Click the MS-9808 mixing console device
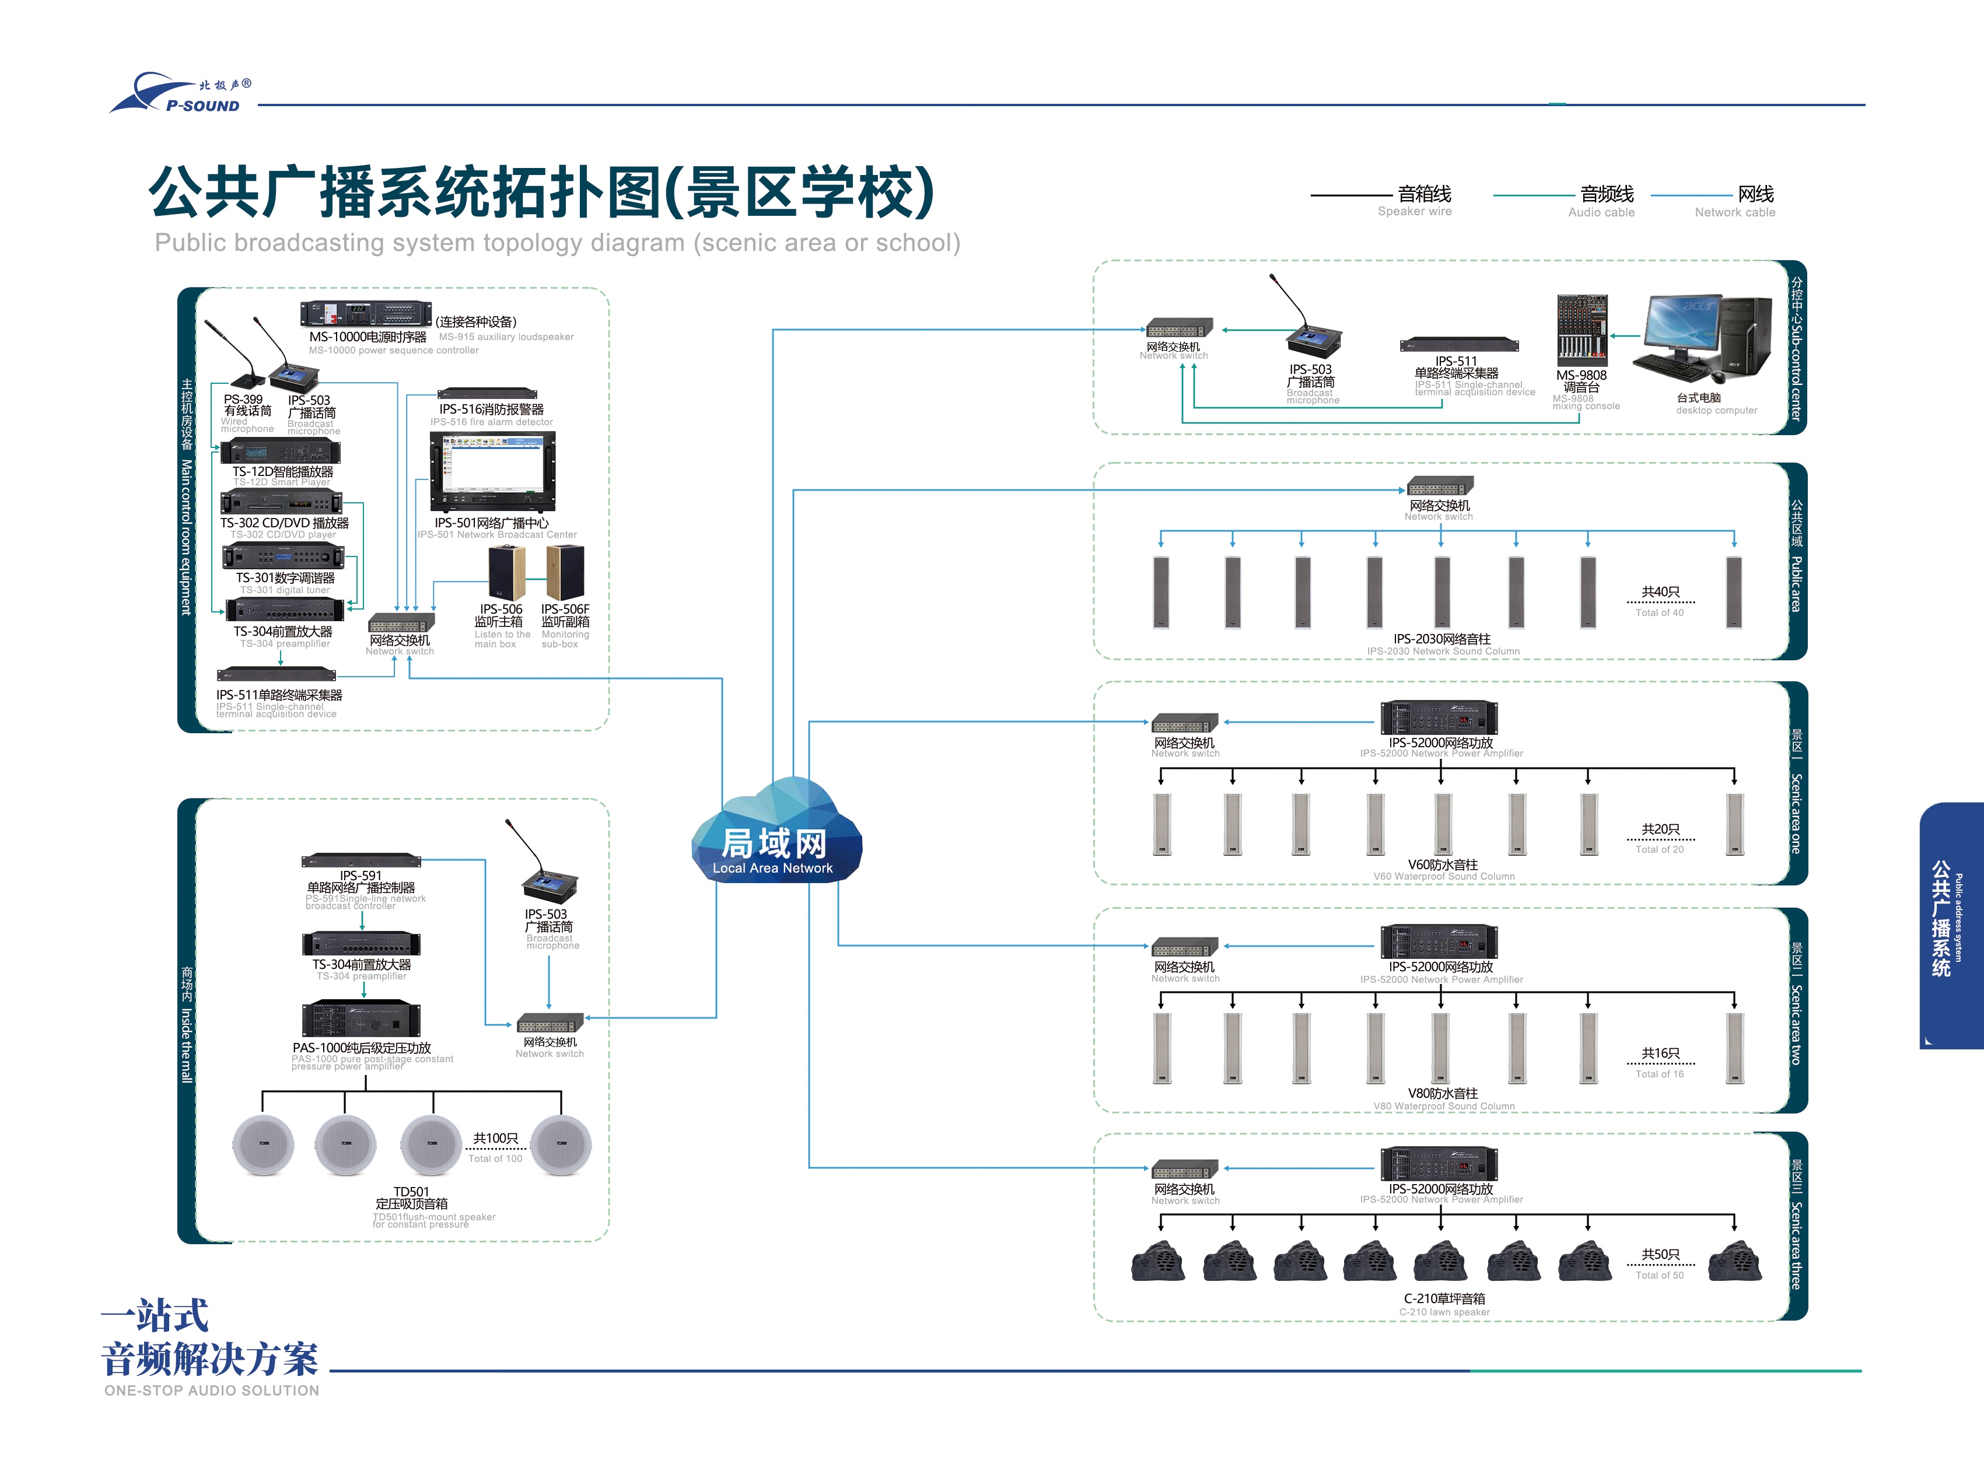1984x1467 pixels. (1581, 330)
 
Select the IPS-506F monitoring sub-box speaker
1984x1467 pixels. (565, 573)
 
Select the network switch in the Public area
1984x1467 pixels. (1440, 486)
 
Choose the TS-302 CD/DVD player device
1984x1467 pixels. (281, 502)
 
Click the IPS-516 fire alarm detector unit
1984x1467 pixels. (488, 393)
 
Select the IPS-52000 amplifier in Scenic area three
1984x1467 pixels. (1439, 1164)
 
